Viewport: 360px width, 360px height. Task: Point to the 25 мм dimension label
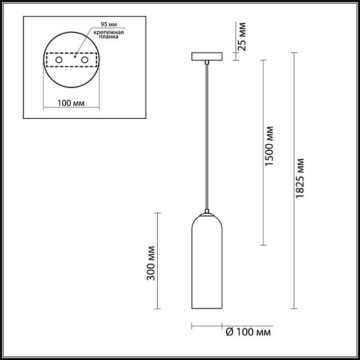pos(242,35)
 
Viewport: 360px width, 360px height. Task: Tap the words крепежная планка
pos(107,37)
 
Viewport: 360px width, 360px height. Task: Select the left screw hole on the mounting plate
pos(59,60)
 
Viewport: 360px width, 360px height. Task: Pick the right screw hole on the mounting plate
pos(85,60)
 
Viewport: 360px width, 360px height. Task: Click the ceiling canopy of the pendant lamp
pos(207,57)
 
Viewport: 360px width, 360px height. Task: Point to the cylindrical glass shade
pos(206,269)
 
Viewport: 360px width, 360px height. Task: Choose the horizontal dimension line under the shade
pos(206,327)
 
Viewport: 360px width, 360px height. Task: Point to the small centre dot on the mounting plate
pos(74,57)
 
